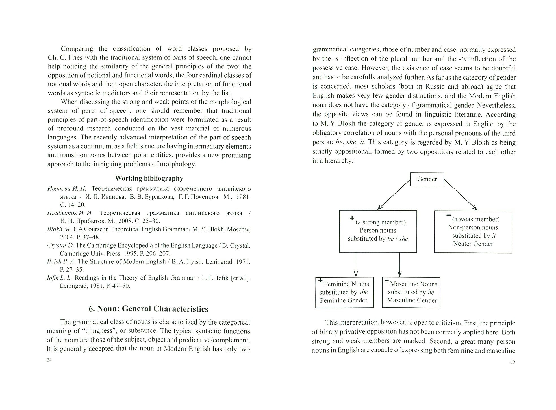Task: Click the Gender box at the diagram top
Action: click(427, 179)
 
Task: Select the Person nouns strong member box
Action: click(378, 231)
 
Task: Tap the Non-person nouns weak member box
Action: click(473, 231)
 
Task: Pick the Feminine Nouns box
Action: click(344, 292)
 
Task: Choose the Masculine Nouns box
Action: click(411, 292)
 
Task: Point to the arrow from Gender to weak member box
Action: click(461, 195)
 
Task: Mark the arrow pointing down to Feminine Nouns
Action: click(356, 264)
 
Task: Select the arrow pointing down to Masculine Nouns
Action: click(399, 264)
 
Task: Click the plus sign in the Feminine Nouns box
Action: click(320, 280)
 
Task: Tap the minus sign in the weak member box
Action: click(448, 215)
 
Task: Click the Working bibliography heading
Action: click(149, 178)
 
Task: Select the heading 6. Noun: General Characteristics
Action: click(148, 309)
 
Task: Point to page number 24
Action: click(49, 360)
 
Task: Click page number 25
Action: click(513, 362)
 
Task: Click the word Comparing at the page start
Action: click(77, 49)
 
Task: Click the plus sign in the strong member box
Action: click(352, 218)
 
